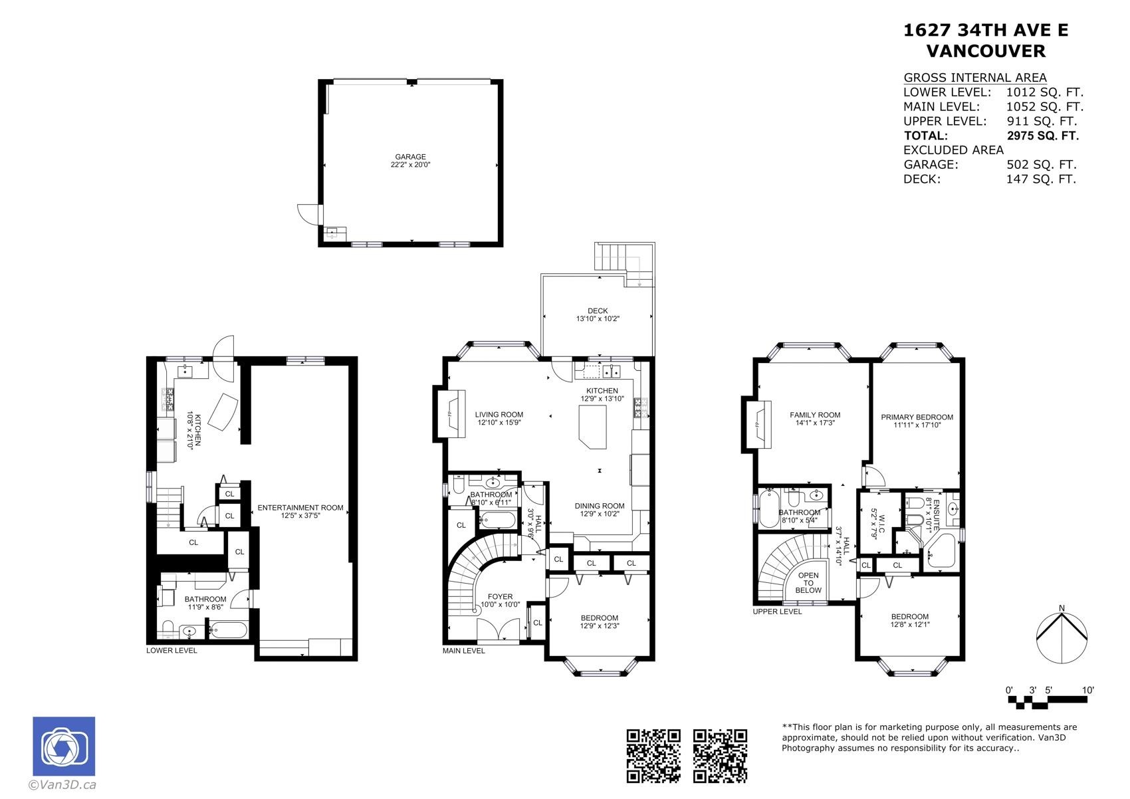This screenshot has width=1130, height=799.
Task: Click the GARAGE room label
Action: click(x=410, y=157)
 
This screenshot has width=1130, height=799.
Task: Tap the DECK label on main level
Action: click(x=598, y=310)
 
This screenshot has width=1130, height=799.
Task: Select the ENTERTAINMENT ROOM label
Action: click(x=300, y=508)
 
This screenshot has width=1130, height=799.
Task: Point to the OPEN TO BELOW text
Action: click(x=808, y=583)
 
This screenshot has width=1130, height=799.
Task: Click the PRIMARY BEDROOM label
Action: click(x=917, y=417)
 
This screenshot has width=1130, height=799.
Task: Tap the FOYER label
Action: click(x=500, y=597)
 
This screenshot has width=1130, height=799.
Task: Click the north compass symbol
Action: click(x=1062, y=635)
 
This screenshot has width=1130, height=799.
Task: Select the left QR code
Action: click(x=653, y=755)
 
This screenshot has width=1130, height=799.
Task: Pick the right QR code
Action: click(x=720, y=755)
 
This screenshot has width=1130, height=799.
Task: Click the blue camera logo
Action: click(x=64, y=747)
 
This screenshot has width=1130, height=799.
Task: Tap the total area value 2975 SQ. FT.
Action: click(x=1042, y=136)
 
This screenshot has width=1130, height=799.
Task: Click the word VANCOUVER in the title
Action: click(x=985, y=51)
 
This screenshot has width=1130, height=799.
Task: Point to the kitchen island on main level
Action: click(x=592, y=425)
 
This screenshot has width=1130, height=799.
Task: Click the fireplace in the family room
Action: click(x=758, y=424)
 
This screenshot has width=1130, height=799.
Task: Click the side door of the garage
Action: click(x=309, y=214)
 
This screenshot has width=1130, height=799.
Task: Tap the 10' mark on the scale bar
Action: click(x=1087, y=691)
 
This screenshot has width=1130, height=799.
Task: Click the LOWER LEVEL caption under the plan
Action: click(x=171, y=650)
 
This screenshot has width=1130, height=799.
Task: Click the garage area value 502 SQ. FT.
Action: click(x=1041, y=165)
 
